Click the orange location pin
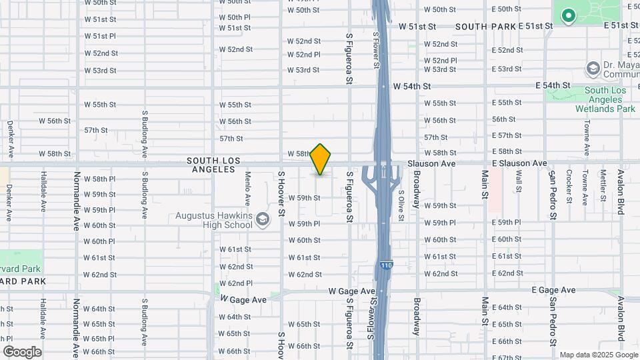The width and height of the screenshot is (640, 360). click(x=321, y=159)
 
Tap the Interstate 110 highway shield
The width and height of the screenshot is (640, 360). click(x=387, y=265)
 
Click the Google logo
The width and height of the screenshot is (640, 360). click(x=22, y=351)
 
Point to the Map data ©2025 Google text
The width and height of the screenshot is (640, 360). click(x=597, y=355)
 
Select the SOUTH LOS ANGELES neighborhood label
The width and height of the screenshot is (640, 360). click(x=211, y=165)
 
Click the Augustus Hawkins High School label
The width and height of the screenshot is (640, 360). click(x=213, y=220)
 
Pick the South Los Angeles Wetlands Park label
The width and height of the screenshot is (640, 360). click(x=609, y=99)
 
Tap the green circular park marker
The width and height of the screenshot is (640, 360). click(x=568, y=15)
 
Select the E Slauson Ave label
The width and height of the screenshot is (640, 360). click(x=519, y=163)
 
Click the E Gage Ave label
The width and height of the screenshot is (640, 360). click(x=553, y=290)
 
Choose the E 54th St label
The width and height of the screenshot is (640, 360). click(x=553, y=85)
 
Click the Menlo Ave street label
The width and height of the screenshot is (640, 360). click(x=247, y=188)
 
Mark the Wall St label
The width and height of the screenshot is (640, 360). click(x=519, y=181)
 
